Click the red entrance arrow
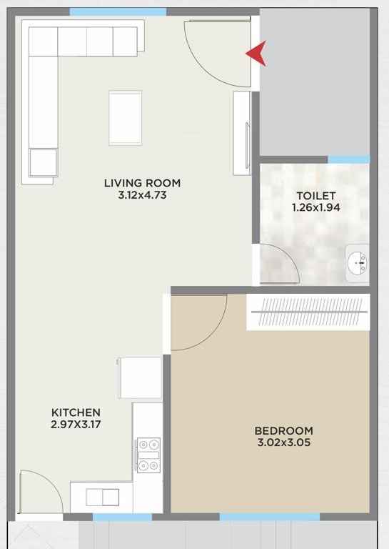point(256,54)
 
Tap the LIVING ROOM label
point(143,183)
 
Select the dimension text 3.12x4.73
point(143,194)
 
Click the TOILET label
point(315,195)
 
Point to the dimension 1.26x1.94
point(315,207)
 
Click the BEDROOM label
point(284,430)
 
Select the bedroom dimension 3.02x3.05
point(284,442)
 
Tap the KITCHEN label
point(76,412)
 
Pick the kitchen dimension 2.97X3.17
point(76,425)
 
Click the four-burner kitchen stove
point(149,455)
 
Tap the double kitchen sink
point(102,497)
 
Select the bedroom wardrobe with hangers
point(308,312)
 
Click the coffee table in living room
point(125,117)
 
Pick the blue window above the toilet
point(348,159)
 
